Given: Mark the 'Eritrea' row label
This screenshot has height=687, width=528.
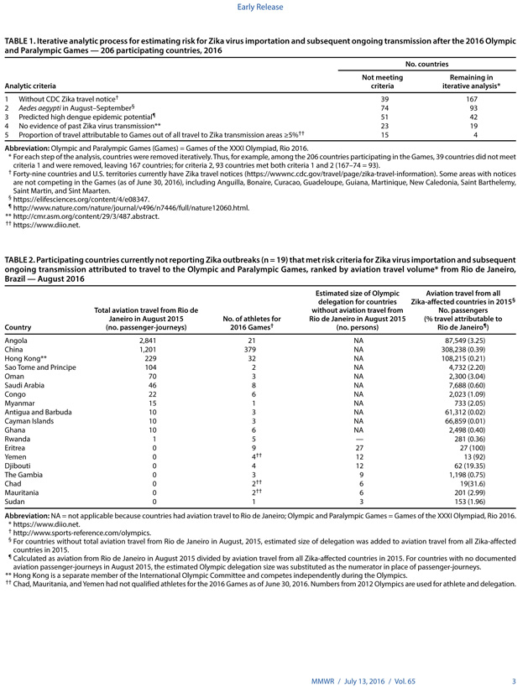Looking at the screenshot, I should point(17,424).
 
